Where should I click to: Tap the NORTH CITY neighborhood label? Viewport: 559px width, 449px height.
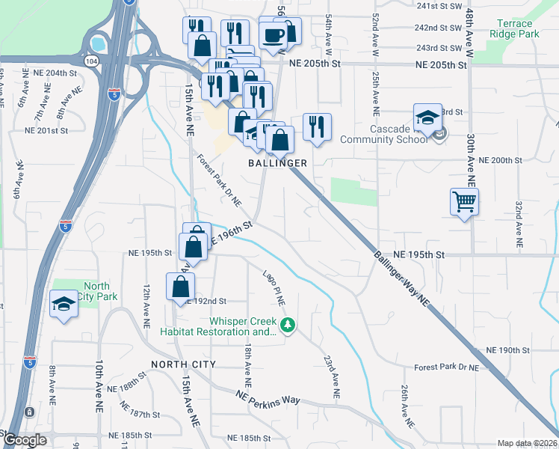pyautogui.click(x=183, y=364)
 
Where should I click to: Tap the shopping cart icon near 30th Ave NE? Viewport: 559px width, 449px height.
pyautogui.click(x=464, y=201)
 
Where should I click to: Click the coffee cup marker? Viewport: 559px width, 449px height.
pyautogui.click(x=273, y=34)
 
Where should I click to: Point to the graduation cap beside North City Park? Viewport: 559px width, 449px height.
pyautogui.click(x=64, y=304)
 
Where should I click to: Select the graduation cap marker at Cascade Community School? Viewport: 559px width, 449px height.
pyautogui.click(x=427, y=117)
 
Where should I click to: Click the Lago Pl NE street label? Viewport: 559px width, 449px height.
pyautogui.click(x=274, y=287)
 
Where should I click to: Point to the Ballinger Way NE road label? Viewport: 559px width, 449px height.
pyautogui.click(x=402, y=278)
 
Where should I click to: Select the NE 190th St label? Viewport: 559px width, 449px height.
pyautogui.click(x=507, y=350)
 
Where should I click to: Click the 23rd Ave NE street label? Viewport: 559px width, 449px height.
pyautogui.click(x=330, y=376)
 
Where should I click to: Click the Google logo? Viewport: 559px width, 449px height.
pyautogui.click(x=24, y=440)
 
